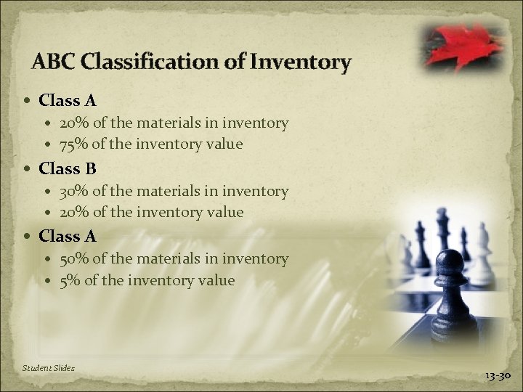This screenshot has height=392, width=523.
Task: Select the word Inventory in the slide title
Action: (300, 62)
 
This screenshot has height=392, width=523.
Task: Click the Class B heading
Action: (68, 168)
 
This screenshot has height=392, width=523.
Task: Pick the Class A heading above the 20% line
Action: (68, 100)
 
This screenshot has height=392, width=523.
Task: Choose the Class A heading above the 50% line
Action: (68, 236)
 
